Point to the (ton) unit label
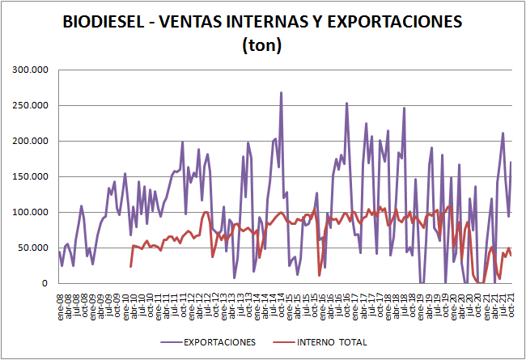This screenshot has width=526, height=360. coord(261,46)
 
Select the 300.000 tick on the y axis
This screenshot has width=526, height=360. coord(31,70)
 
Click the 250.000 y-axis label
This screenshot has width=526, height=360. coord(31,106)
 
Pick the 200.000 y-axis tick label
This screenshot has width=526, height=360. coord(31,142)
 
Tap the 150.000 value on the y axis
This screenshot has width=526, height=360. coord(31,177)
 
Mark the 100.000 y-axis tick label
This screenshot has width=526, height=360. coord(31,213)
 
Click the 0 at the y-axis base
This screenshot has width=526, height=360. coord(46,284)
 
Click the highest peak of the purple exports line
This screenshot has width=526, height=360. coord(281,93)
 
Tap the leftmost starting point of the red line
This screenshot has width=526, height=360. coord(131,266)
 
